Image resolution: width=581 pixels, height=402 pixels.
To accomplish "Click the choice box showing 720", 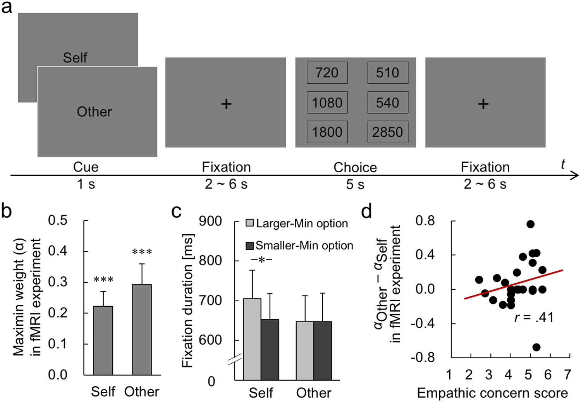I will click(x=327, y=73).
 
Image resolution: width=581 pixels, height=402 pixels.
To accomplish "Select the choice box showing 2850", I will click(x=387, y=132).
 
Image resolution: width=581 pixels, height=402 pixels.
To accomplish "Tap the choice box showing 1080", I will click(x=327, y=103).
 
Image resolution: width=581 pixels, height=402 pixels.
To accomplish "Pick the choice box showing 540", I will click(x=387, y=103).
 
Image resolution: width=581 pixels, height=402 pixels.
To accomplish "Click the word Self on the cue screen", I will click(x=75, y=58).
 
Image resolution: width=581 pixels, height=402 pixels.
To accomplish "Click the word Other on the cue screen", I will click(x=94, y=112).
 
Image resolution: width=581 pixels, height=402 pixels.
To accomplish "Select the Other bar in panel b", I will click(x=141, y=329).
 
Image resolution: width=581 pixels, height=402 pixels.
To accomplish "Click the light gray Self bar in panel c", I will click(x=252, y=339).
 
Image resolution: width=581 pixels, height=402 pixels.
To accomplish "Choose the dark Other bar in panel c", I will click(x=323, y=350).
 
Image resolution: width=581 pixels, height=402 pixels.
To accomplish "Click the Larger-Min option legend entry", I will click(x=297, y=223).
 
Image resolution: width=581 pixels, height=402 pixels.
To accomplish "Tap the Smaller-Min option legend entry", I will click(x=299, y=246).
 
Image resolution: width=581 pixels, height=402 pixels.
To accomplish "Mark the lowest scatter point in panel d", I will click(x=536, y=347).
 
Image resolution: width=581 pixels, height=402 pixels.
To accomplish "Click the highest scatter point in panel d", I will click(x=530, y=224).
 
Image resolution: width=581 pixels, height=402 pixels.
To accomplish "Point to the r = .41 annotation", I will click(x=534, y=318).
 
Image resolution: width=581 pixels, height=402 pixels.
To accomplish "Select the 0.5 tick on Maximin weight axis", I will click(x=58, y=220).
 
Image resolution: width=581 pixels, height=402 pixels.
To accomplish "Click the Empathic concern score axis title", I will click(x=492, y=393).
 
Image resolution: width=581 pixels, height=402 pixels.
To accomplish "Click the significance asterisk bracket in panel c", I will click(x=261, y=260).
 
